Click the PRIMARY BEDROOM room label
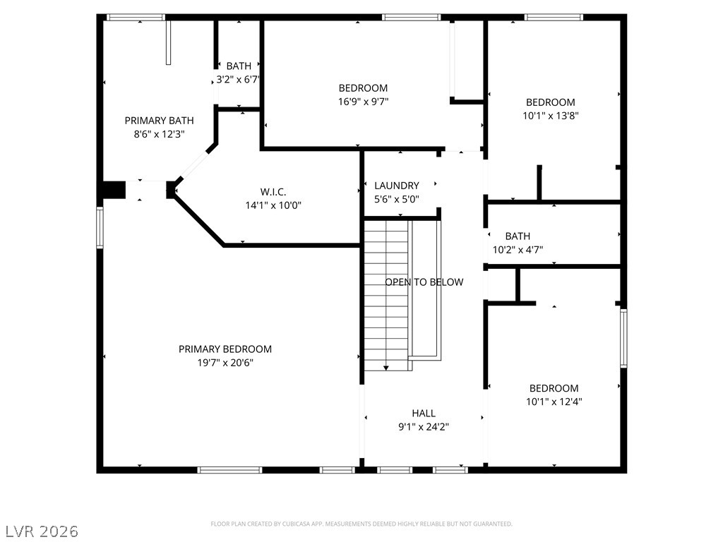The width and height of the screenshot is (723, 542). [x=225, y=349]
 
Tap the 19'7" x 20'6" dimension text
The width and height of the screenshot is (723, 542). [x=225, y=363]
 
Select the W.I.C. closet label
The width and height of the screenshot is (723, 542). [x=273, y=192]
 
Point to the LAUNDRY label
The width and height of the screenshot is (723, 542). [x=397, y=186]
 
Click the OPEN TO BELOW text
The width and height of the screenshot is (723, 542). [x=424, y=282]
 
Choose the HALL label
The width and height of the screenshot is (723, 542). [x=424, y=414]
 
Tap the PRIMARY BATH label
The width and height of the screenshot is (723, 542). [x=159, y=121]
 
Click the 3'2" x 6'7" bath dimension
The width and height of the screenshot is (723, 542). [x=239, y=80]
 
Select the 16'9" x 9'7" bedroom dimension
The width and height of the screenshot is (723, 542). [x=364, y=102]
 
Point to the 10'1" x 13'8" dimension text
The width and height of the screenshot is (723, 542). [x=551, y=116]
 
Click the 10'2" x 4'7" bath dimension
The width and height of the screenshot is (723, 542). [x=518, y=250]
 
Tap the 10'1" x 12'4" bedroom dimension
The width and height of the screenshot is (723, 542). [x=554, y=402]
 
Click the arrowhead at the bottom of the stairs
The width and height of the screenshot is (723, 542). [x=386, y=368]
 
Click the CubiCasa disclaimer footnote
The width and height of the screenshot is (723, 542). [x=361, y=524]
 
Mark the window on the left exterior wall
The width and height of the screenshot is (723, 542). [x=100, y=227]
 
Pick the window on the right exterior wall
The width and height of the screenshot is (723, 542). [x=623, y=338]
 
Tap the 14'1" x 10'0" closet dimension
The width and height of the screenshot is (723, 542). [x=273, y=205]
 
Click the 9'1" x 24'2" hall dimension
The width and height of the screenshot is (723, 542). [x=424, y=427]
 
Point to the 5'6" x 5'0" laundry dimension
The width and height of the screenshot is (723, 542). [x=397, y=199]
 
